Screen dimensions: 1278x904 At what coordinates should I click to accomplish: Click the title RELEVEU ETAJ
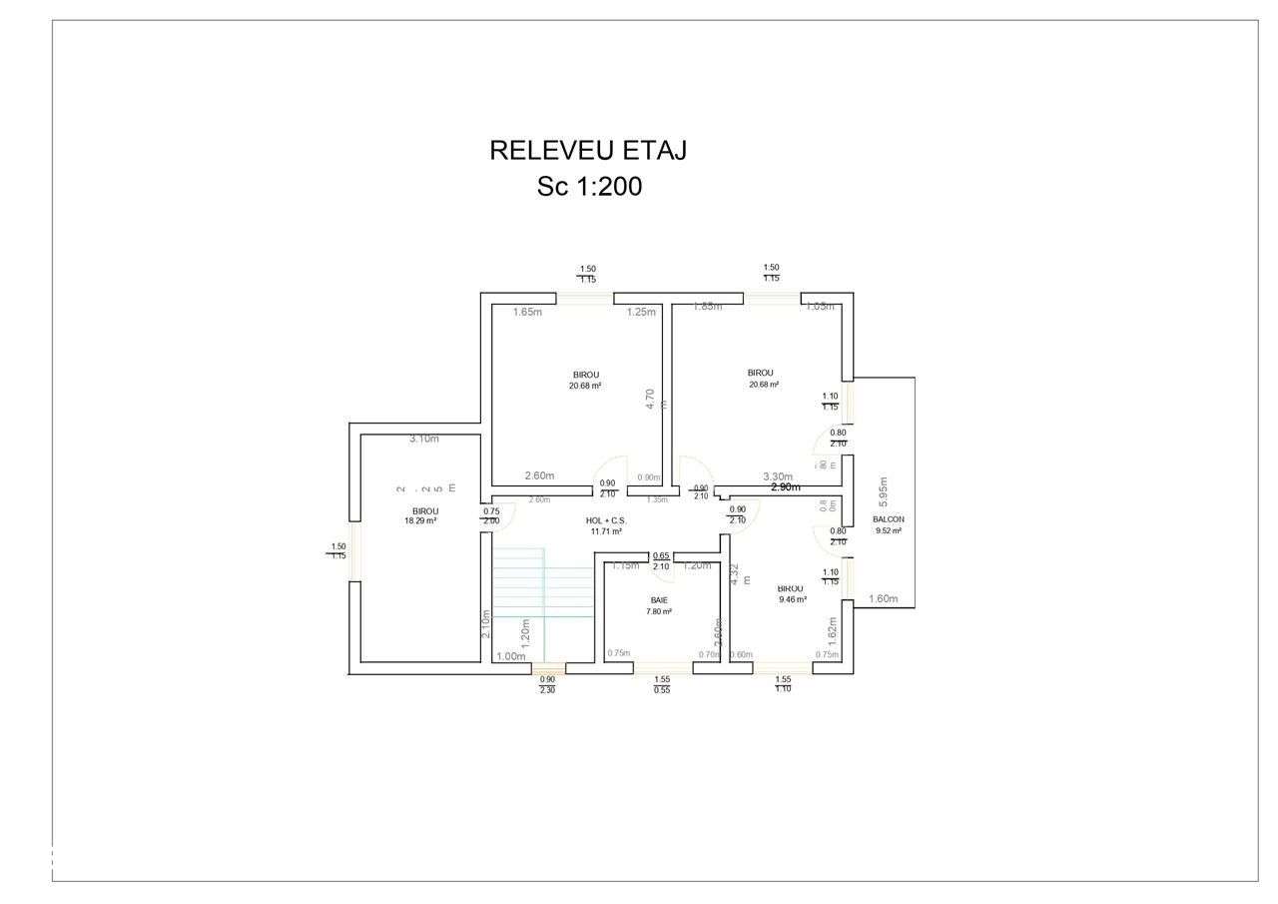(587, 151)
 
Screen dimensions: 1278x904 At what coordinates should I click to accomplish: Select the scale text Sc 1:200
(589, 187)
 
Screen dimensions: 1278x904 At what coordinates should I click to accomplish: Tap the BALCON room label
(888, 519)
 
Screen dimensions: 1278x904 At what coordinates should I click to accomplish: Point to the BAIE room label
(659, 600)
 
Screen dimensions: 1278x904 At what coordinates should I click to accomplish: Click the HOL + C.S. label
(606, 520)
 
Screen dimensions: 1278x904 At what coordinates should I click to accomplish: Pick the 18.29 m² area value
(420, 520)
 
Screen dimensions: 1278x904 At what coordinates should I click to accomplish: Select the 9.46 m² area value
(792, 599)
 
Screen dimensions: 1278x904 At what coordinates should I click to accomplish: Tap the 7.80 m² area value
(659, 611)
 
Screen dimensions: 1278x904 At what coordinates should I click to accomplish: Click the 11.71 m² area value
(606, 531)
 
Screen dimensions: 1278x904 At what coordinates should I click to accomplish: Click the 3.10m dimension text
(424, 439)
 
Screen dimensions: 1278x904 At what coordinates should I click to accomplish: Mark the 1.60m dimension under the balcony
(883, 599)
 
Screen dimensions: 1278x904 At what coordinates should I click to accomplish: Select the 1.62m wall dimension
(833, 626)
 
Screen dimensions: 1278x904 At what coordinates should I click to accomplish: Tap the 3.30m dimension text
(777, 476)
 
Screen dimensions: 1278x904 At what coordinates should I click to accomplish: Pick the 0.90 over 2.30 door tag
(547, 684)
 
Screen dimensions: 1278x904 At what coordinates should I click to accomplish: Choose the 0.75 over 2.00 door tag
(491, 515)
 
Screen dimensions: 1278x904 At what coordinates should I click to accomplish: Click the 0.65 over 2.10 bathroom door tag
(661, 561)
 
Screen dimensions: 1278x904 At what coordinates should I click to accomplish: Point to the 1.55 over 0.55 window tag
(662, 684)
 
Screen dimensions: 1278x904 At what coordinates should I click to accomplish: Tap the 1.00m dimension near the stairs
(510, 656)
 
